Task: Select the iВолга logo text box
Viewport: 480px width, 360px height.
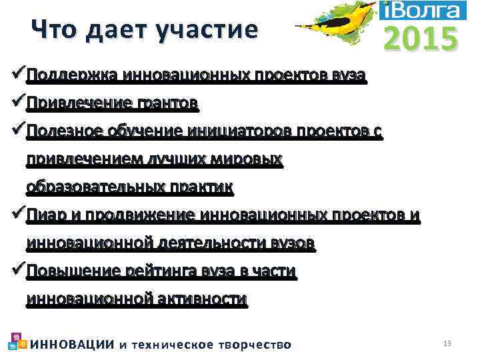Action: point(422,10)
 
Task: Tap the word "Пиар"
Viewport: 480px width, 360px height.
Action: point(45,215)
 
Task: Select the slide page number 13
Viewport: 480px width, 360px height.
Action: point(447,343)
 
